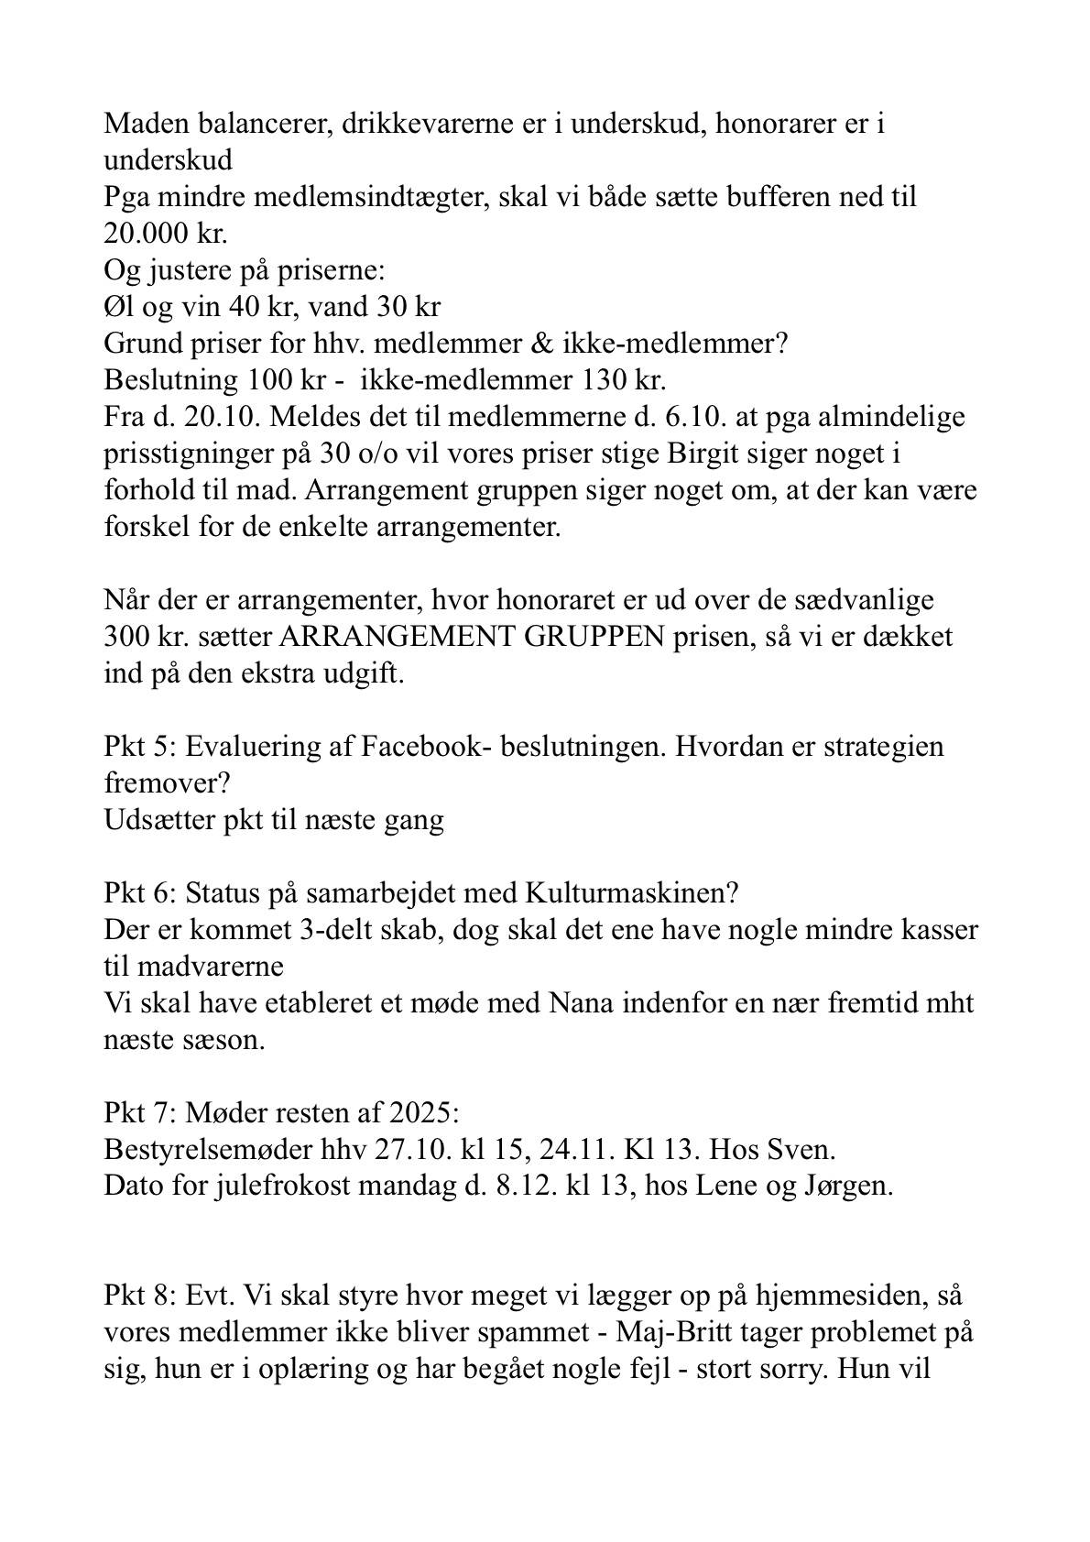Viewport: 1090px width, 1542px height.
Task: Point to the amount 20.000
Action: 147,234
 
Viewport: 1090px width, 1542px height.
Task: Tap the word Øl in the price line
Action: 119,307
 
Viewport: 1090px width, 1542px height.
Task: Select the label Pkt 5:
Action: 141,747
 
